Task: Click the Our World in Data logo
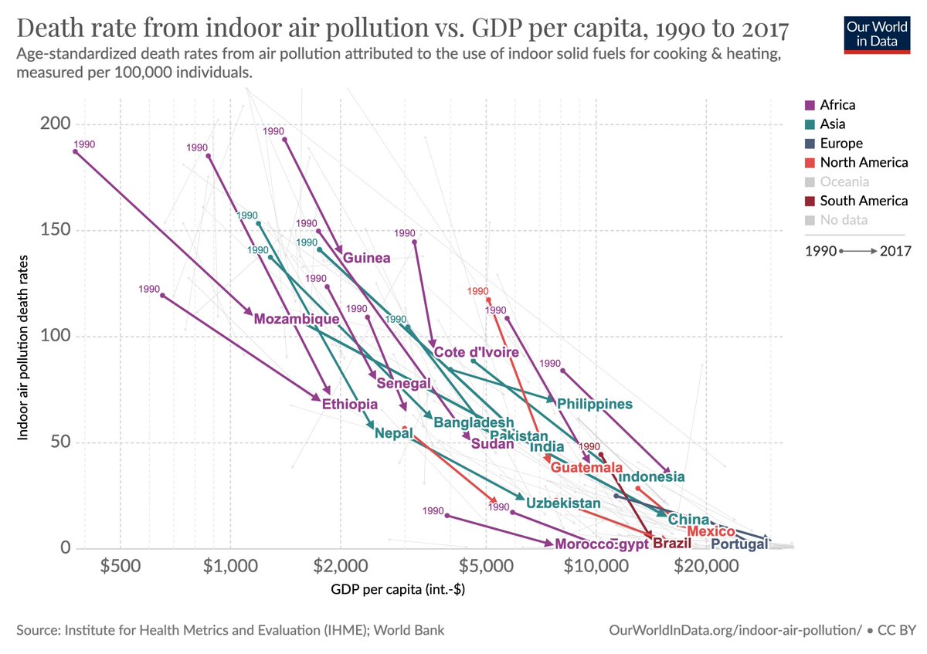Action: point(877,32)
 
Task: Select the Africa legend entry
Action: point(837,105)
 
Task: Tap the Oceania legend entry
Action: point(844,181)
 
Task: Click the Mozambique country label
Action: point(297,319)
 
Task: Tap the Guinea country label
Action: point(367,258)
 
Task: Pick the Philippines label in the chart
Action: point(595,404)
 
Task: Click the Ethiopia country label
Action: point(350,404)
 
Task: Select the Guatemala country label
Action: point(586,468)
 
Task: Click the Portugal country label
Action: point(739,544)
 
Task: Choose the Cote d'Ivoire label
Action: point(477,352)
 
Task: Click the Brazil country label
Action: point(671,544)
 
